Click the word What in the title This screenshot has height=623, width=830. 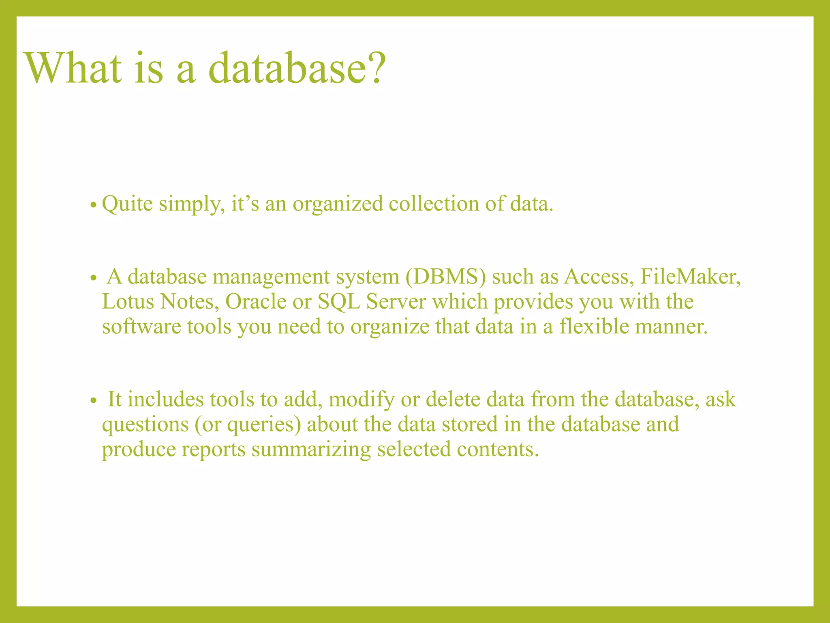click(73, 68)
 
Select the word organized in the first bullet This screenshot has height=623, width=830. click(338, 204)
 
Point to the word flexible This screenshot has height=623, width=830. click(594, 327)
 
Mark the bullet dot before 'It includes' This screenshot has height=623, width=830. click(93, 401)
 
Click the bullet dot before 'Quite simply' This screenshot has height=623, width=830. click(93, 205)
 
